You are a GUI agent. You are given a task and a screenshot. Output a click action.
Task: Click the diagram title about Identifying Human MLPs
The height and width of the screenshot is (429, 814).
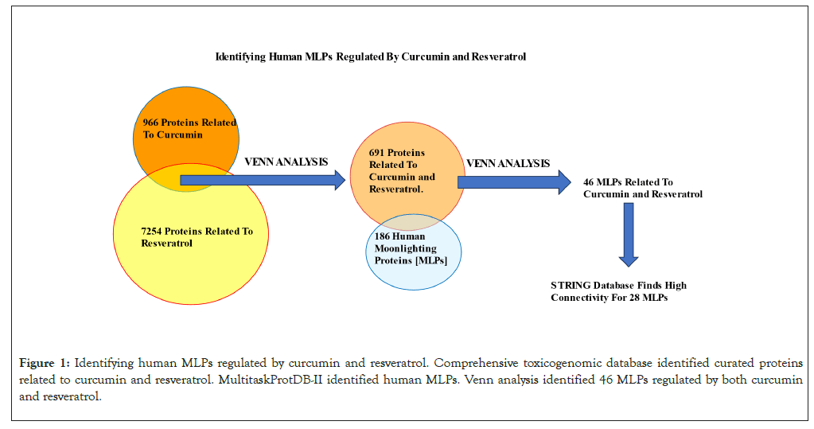coord(371,57)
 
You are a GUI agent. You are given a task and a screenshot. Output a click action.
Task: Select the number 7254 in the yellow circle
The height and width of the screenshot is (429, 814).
coord(151,231)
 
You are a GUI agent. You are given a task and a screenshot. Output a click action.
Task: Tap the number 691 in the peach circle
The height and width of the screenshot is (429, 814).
coord(378,152)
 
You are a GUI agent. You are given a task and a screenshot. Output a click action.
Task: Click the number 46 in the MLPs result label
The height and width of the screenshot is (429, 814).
coord(589,182)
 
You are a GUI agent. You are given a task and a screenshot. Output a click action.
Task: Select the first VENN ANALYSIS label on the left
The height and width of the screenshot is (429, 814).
coord(286,162)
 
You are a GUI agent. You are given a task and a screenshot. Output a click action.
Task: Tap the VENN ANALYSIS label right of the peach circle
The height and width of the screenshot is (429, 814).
coord(508,163)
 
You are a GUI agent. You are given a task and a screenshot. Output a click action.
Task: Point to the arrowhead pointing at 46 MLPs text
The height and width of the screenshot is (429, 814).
coord(564,181)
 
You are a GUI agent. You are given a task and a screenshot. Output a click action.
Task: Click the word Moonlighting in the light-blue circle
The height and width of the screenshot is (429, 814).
coord(403,248)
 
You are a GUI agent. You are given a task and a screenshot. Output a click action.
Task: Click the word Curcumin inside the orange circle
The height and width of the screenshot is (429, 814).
coord(180,135)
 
